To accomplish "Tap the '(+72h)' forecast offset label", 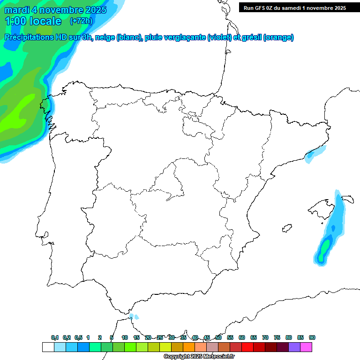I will (81, 21).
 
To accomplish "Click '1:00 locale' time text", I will (33, 21).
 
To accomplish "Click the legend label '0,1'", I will (55, 338).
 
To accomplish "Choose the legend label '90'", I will (312, 338).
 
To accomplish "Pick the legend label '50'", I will (218, 338).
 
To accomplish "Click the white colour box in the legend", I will (48, 347).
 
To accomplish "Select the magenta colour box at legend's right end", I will (306, 347).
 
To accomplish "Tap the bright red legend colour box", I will (247, 347).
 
